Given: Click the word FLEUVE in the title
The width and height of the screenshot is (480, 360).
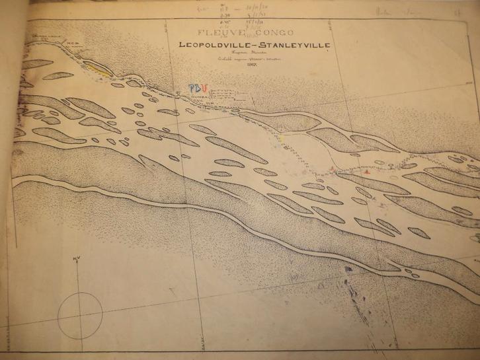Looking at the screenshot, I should (x=213, y=32).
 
